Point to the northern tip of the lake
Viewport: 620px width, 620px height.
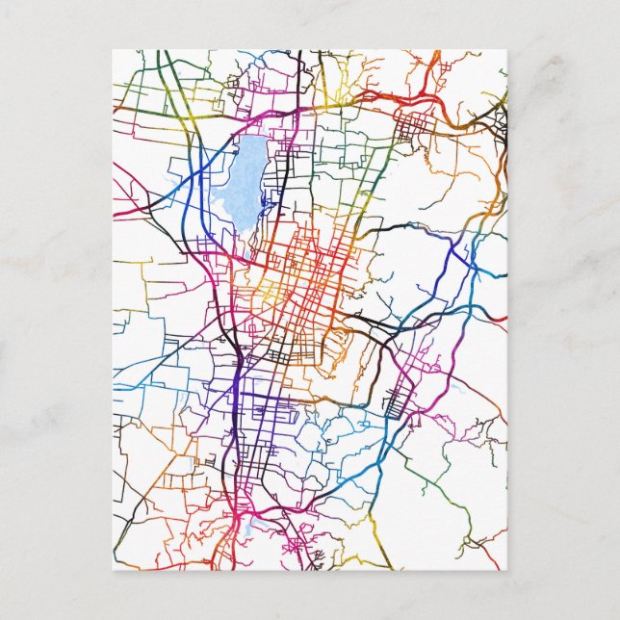point(252,138)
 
